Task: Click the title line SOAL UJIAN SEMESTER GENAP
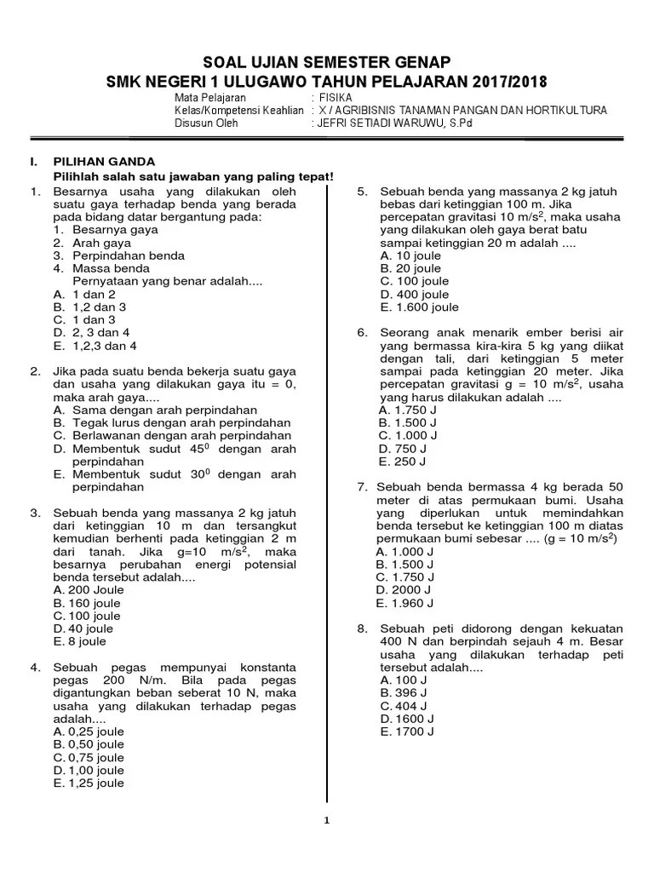coord(326,62)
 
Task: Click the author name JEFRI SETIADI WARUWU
coord(382,123)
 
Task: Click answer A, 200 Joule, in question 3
coord(88,589)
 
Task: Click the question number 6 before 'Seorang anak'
coord(361,333)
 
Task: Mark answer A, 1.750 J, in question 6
coord(409,410)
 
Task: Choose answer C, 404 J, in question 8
coord(404,706)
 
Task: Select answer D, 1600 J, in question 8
coord(407,719)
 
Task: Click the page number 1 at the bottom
coord(327,821)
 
